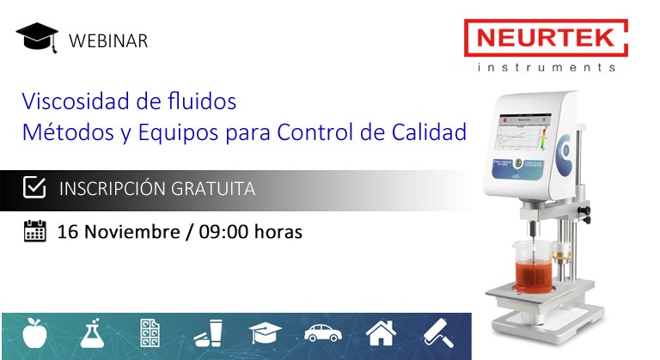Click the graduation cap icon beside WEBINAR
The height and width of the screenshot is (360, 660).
click(x=37, y=38)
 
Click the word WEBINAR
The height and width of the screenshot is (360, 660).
click(x=108, y=40)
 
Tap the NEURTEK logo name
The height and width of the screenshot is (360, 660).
click(x=546, y=39)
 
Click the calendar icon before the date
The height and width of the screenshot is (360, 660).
click(x=34, y=231)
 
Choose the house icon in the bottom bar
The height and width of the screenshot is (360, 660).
click(x=381, y=333)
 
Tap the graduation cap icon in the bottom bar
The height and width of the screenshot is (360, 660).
click(x=266, y=333)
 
